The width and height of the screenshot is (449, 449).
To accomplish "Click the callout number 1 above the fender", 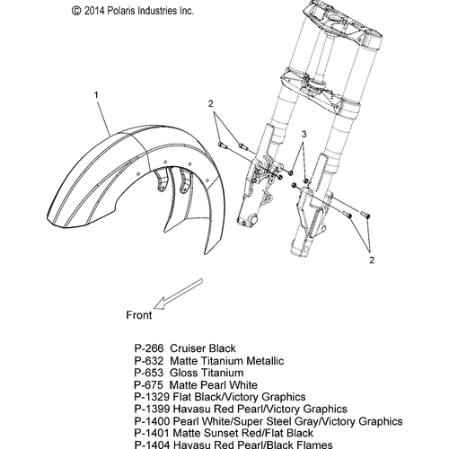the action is point(96,95).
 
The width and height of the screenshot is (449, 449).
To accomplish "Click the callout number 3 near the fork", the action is point(304,135).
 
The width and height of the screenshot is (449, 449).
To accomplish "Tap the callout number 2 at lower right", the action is point(372,260).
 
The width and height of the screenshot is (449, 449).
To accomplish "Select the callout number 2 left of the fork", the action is point(211,104).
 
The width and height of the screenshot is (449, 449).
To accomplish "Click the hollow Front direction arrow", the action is point(178,294).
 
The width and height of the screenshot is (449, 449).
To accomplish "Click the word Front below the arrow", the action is point(139,315).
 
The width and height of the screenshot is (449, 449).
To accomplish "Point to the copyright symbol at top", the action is point(76,11).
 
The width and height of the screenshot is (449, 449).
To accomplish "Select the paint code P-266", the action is point(149,348).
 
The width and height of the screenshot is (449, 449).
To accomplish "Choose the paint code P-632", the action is point(149,361).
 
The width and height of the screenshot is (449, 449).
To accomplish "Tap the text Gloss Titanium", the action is point(207,373).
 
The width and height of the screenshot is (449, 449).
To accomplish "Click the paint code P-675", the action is point(149,385).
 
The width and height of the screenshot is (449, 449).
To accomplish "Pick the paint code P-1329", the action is point(152,397).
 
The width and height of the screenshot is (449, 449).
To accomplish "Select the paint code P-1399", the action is point(152,409).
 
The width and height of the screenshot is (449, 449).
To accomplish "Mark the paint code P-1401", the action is point(152,433).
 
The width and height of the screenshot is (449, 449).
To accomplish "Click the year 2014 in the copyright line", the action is point(94,11).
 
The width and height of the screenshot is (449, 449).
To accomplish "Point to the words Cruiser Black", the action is point(203,348).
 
